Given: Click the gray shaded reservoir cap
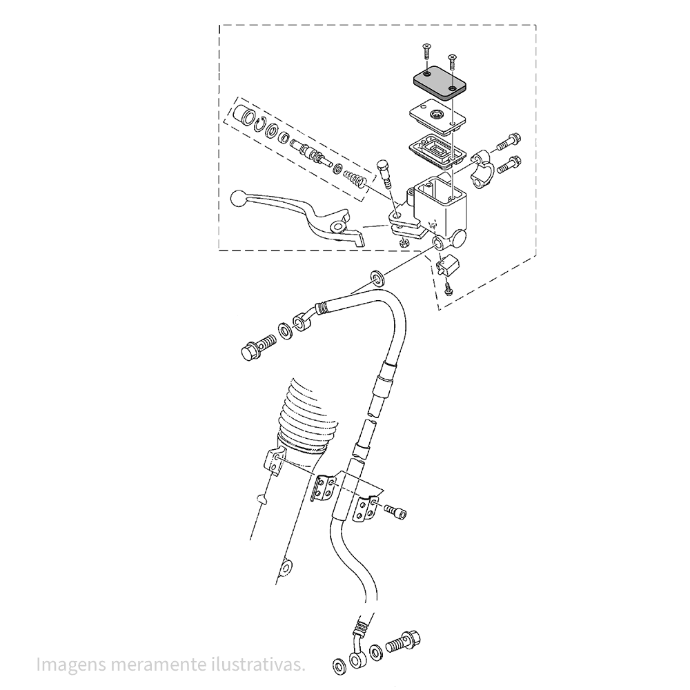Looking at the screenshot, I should pyautogui.click(x=438, y=83).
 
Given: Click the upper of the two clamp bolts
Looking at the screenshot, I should pyautogui.click(x=508, y=141).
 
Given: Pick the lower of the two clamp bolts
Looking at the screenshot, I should pyautogui.click(x=509, y=164).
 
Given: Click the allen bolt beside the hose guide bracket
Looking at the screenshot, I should pyautogui.click(x=396, y=511).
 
